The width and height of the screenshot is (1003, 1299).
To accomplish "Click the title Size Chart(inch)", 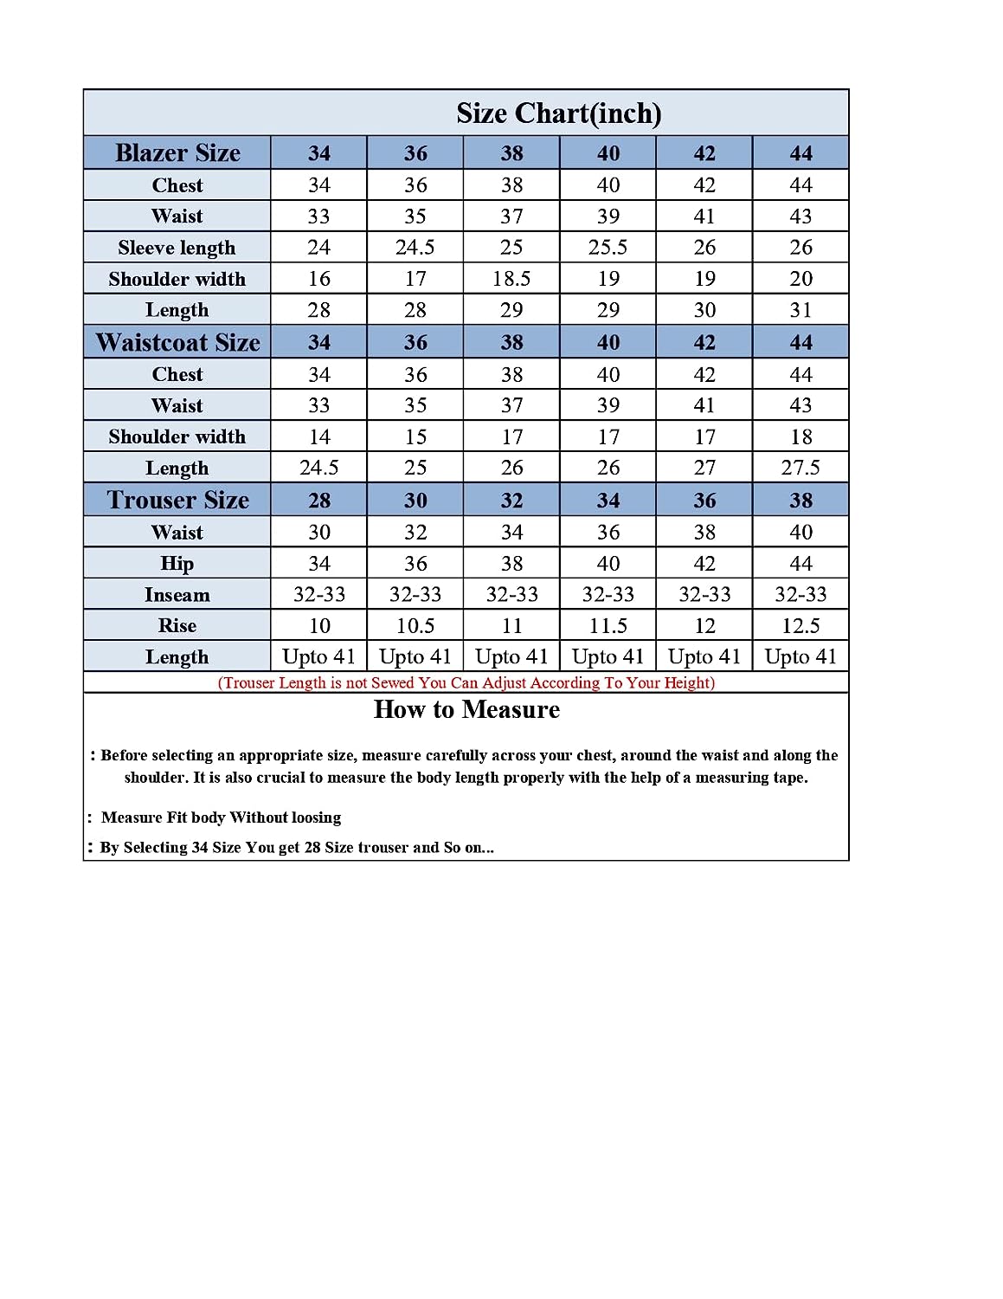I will [x=558, y=113].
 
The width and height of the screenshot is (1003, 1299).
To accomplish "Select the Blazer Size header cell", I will [x=177, y=153].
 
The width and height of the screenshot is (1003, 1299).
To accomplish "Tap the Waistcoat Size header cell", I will [x=177, y=342].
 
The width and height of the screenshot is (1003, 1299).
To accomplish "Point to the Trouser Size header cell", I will [x=177, y=500].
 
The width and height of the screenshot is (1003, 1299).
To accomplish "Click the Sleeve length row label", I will [x=177, y=248].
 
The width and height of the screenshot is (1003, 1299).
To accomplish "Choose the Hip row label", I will [x=177, y=563].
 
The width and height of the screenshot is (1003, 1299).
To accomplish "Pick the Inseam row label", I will [x=177, y=595].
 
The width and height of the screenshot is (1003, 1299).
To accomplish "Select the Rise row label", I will [x=177, y=625].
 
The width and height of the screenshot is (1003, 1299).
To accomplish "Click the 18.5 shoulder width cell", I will [x=511, y=279].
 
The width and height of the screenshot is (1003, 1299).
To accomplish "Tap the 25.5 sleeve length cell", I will [x=608, y=248].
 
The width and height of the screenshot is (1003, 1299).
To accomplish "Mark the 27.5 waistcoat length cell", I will [x=800, y=468].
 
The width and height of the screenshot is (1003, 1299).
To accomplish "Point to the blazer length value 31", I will [x=800, y=310].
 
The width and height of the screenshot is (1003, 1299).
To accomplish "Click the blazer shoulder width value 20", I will [x=800, y=279].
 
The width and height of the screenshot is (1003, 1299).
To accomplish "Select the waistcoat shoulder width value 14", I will [x=318, y=436].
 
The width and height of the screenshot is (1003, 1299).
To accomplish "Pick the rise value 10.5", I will [x=415, y=625].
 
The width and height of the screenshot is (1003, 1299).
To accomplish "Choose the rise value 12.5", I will [x=800, y=625].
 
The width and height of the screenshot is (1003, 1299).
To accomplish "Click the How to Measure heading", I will [x=466, y=710].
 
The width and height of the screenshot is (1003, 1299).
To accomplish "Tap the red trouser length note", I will [x=466, y=682].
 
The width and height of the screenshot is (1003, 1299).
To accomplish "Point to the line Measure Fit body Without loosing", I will [x=221, y=818].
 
